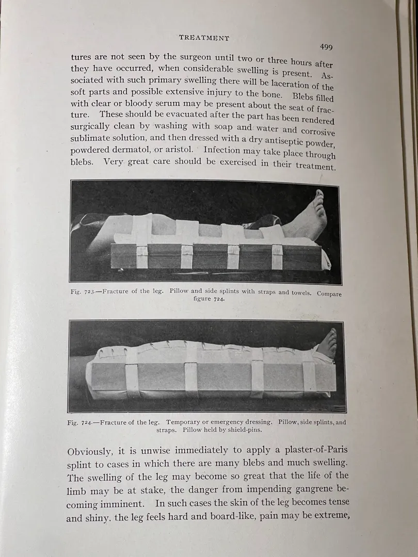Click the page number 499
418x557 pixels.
[x=326, y=47]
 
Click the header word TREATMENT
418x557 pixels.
[x=204, y=38]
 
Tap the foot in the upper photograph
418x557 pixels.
[x=310, y=217]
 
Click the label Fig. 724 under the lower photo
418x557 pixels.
[x=80, y=422]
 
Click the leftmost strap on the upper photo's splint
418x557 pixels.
[x=142, y=256]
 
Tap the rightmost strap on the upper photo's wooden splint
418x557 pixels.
[x=278, y=256]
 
